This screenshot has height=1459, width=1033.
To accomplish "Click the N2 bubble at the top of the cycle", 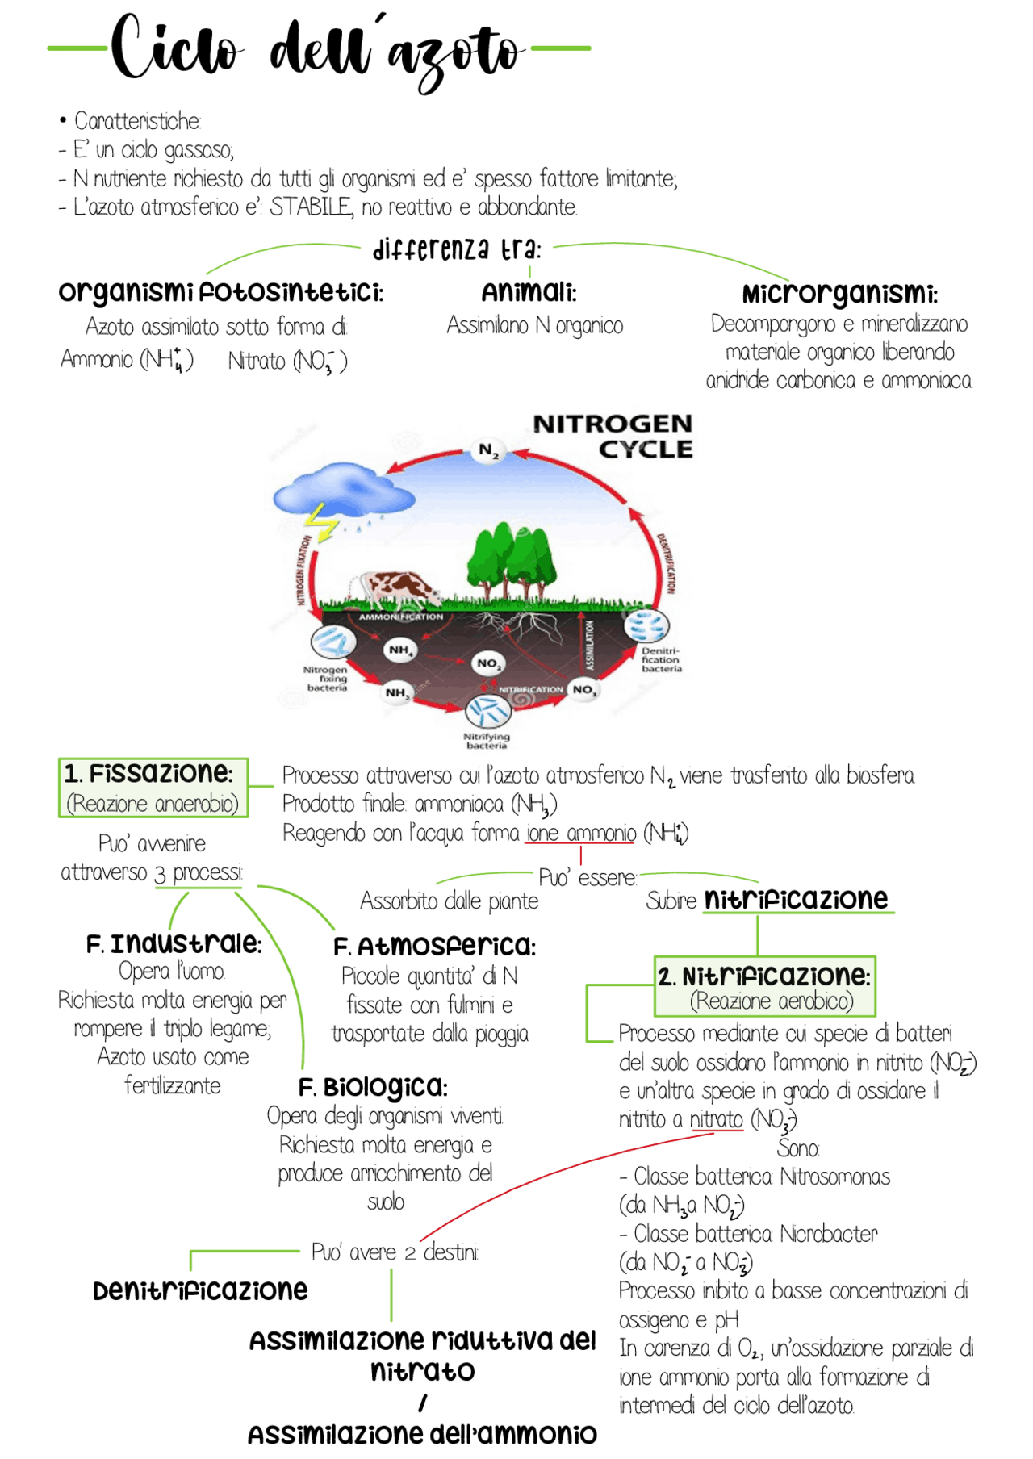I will point(488,450).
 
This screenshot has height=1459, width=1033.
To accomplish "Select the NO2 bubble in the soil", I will point(487,663).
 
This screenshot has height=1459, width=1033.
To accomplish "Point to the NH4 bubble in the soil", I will point(399,650).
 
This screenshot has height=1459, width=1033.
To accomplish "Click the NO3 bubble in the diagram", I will point(583,689).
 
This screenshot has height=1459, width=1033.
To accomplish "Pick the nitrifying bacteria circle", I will point(487,711).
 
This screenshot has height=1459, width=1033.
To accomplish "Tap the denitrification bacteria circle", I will point(647,626).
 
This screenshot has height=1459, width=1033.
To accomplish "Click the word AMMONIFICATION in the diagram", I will point(401,617).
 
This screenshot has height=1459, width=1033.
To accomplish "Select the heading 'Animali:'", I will point(529,292).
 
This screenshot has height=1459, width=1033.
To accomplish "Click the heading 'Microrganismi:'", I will point(839,294).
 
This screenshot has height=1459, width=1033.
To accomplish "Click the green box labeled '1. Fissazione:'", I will point(153,788).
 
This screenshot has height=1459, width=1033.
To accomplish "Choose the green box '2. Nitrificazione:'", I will point(764,986).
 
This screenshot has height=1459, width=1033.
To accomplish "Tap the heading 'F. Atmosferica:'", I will point(434,946).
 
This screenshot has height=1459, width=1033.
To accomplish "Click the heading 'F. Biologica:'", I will point(373,1087).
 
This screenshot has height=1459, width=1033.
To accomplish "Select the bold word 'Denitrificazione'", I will point(200,1290).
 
